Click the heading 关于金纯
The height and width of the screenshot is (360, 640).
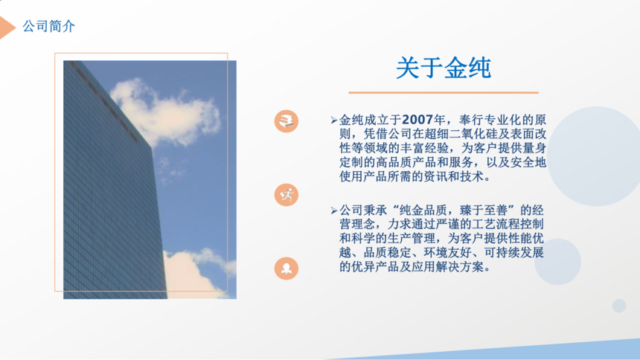[x=444, y=68]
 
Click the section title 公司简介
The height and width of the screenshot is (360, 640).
[x=48, y=27]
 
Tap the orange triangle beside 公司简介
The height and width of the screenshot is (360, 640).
[x=7, y=28]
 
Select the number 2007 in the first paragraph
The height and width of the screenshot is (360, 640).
[x=417, y=120]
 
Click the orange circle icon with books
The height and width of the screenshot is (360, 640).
[x=286, y=121]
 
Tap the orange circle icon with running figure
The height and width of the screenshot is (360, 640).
[x=286, y=195]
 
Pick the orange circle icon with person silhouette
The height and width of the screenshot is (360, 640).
[x=286, y=269]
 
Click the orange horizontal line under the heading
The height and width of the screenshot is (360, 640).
[x=444, y=93]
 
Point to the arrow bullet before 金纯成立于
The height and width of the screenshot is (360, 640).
[x=334, y=120]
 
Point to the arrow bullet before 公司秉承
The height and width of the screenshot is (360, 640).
[x=334, y=210]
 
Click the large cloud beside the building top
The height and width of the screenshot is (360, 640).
[x=165, y=112]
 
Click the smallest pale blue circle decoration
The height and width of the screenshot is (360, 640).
[x=619, y=306]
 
